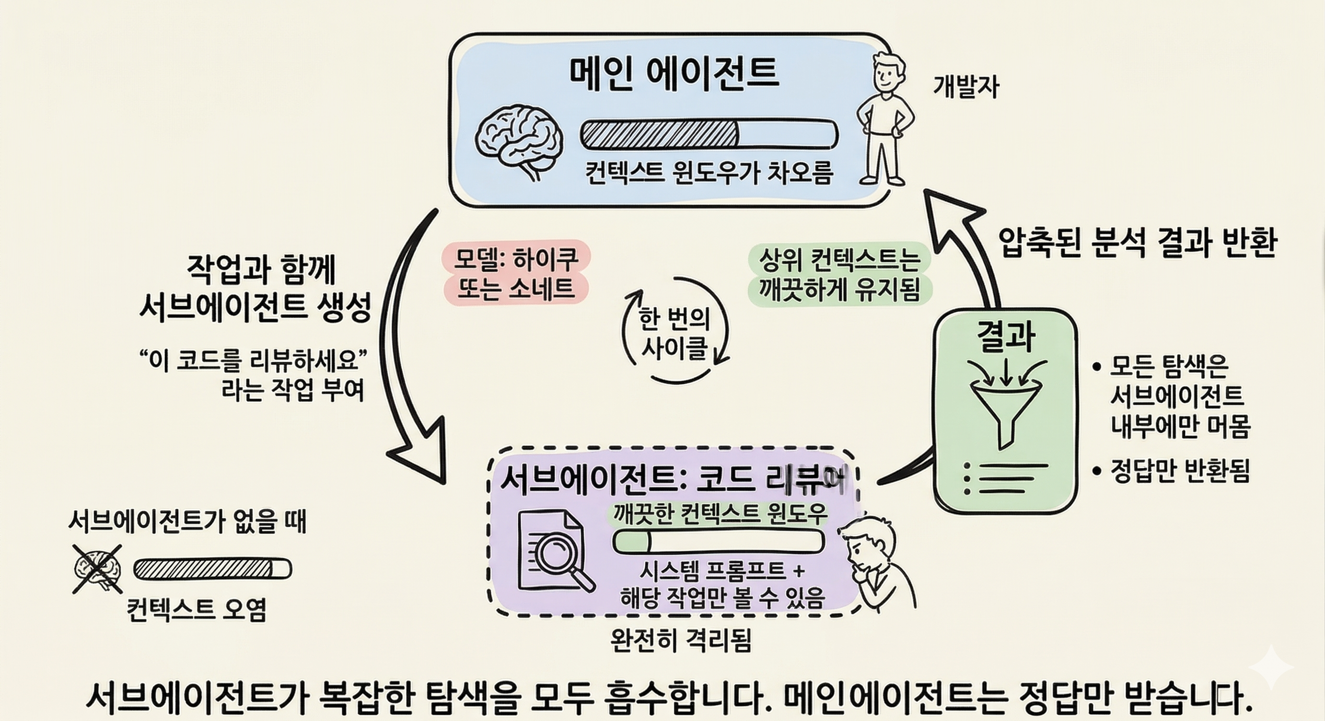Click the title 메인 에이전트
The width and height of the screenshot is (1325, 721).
pyautogui.click(x=674, y=74)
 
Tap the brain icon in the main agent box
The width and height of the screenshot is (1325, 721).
pyautogui.click(x=519, y=140)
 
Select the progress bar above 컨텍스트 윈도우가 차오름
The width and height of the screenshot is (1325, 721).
pyautogui.click(x=709, y=134)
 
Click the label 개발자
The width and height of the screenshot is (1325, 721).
pyautogui.click(x=965, y=87)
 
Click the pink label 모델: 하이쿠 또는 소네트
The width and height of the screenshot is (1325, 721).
pyautogui.click(x=515, y=273)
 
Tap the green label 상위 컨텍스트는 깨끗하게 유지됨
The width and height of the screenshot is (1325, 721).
pyautogui.click(x=839, y=275)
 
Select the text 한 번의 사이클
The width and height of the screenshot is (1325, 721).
pyautogui.click(x=675, y=334)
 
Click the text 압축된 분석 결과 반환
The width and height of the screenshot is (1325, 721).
pyautogui.click(x=1137, y=242)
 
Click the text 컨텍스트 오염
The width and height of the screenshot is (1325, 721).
pyautogui.click(x=197, y=610)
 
